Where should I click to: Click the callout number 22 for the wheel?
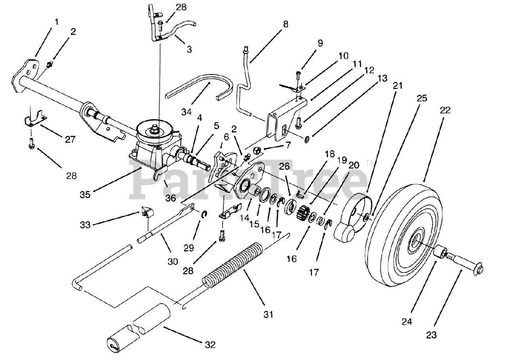click(x=445, y=110)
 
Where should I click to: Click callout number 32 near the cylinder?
click(x=210, y=345)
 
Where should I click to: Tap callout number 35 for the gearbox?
click(x=85, y=194)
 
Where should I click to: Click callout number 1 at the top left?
click(x=56, y=22)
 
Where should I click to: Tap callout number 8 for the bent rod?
click(x=286, y=24)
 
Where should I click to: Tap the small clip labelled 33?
click(x=147, y=212)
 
